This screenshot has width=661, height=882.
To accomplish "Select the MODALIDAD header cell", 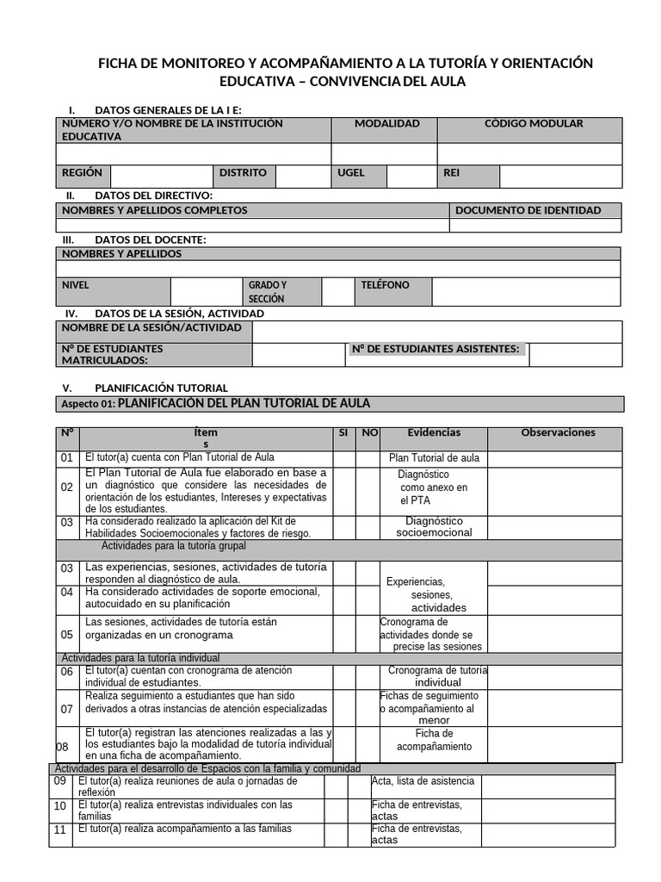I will (386, 124).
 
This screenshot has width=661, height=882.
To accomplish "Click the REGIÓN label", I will (82, 173).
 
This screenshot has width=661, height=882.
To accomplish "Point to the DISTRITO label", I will (243, 173).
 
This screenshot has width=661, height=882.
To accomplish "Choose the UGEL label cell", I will (351, 173).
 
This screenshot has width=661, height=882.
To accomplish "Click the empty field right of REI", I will (560, 176).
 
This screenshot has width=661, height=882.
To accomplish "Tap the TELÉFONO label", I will (385, 285).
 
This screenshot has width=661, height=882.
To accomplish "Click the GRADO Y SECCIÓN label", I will (268, 292).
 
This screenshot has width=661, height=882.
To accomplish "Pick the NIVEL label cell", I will (76, 285).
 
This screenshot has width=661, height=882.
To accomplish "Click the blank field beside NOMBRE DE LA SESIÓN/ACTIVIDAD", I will (436, 331).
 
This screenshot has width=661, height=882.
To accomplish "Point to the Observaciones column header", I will (558, 433).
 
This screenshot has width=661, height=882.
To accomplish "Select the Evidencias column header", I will (434, 433).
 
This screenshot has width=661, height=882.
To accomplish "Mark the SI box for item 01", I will (343, 458).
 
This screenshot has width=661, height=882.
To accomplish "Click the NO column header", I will (369, 433).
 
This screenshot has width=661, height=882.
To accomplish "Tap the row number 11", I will (60, 830).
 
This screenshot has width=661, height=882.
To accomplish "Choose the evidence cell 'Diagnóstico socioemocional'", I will (434, 526).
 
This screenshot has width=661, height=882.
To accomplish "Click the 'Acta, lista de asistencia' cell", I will (423, 781).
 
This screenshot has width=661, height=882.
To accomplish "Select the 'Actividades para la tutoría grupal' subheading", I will (173, 546).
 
